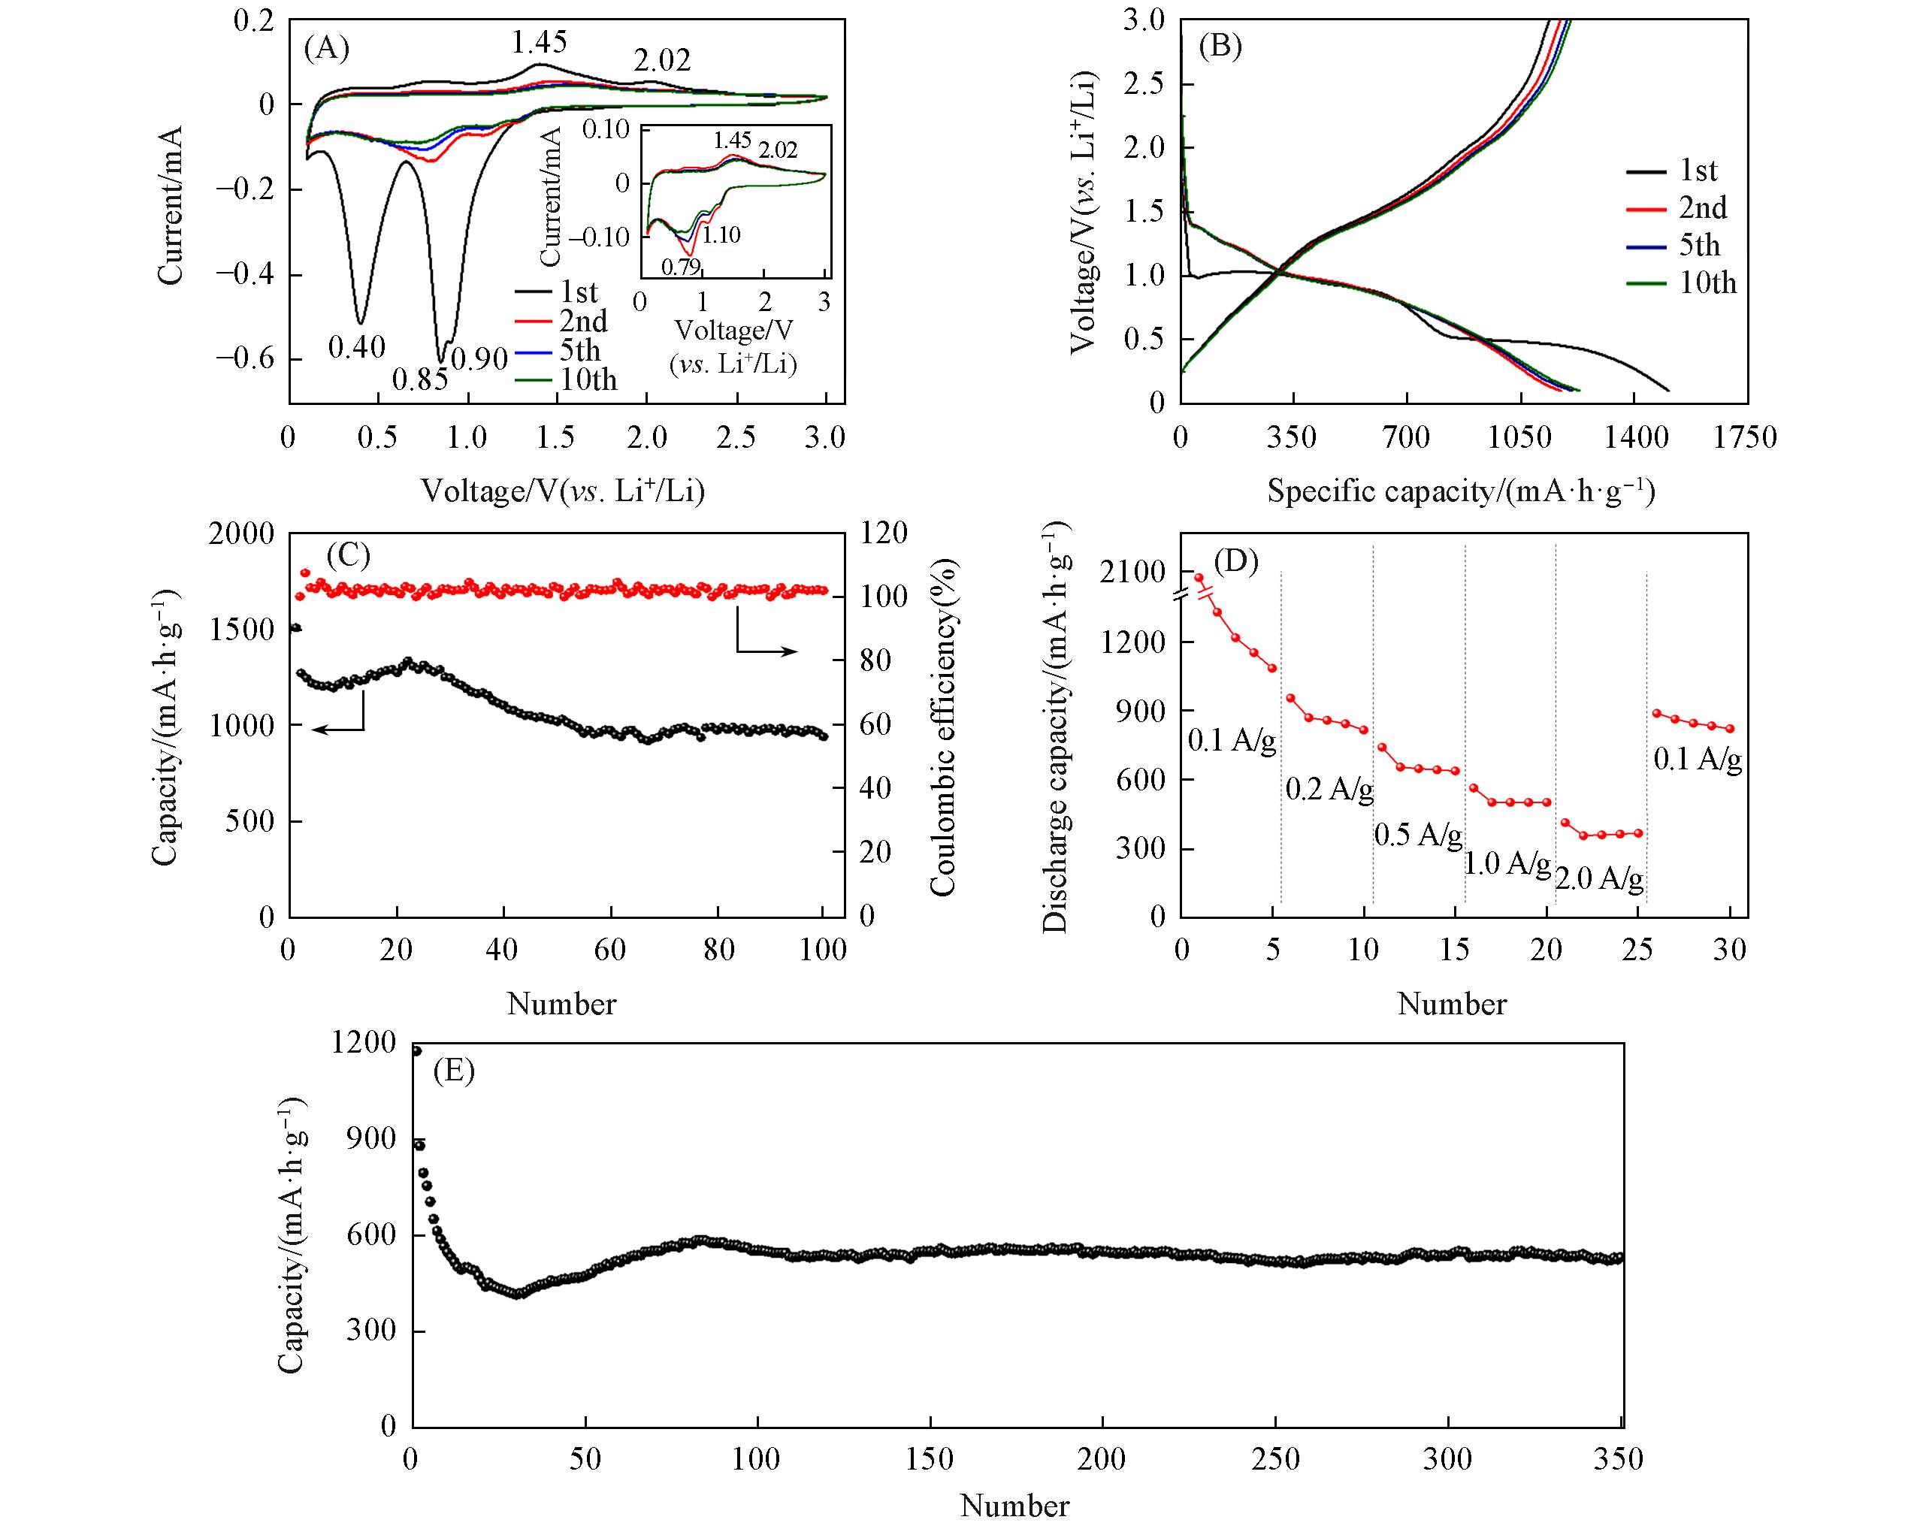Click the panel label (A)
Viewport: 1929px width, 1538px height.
point(327,47)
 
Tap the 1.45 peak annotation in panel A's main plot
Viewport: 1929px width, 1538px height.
point(539,42)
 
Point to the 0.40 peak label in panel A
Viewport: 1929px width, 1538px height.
point(356,347)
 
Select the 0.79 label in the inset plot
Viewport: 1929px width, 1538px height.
point(680,266)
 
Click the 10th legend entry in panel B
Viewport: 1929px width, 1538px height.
point(1707,283)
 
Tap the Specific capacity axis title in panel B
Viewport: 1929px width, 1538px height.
point(1460,491)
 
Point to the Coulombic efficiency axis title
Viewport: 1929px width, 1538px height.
point(943,727)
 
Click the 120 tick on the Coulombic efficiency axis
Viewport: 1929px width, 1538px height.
point(883,533)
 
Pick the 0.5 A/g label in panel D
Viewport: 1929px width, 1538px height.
point(1418,835)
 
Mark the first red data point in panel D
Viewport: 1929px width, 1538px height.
point(1199,578)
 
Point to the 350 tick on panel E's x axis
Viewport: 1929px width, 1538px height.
point(1619,1460)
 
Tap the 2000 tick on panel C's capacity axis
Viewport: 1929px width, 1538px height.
point(241,534)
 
